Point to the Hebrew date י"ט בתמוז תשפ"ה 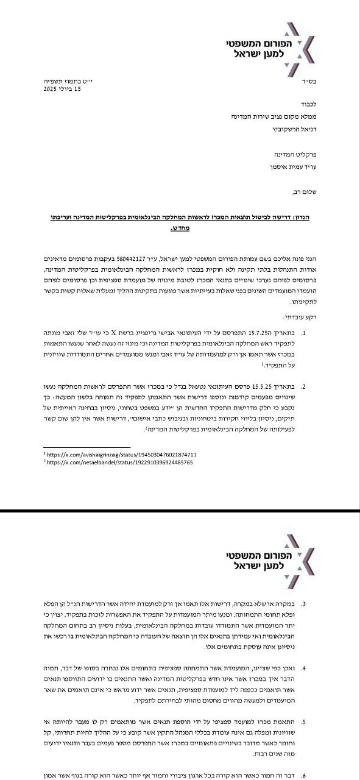(62, 80)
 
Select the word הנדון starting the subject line (300, 217)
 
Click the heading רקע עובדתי (298, 317)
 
